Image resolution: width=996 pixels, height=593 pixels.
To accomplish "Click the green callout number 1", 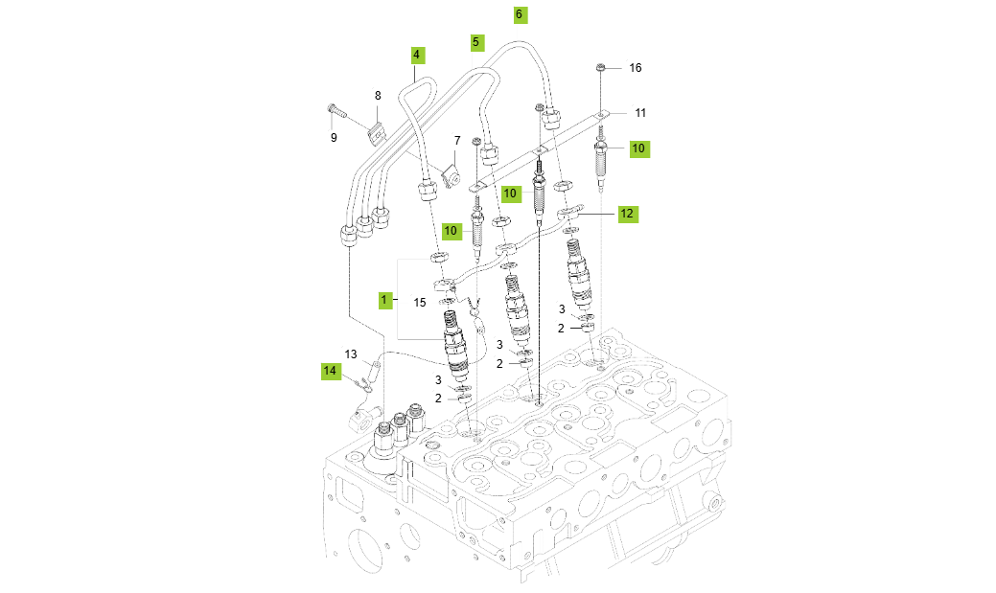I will point(383,300).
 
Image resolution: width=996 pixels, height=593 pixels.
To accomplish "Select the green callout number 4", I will point(417,55).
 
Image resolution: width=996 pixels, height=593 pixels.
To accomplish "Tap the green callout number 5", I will point(476,42).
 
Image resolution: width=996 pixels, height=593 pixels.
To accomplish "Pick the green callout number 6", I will point(519,14).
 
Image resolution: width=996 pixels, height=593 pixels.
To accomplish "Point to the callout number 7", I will point(457,141).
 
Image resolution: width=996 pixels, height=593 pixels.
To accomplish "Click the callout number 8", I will point(378,95).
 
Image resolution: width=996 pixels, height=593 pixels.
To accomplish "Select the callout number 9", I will point(334,137).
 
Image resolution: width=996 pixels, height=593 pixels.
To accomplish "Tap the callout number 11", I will point(640,112).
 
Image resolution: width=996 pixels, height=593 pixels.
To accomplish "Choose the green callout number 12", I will point(626,214).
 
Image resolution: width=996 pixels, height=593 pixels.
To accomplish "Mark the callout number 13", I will point(351,354).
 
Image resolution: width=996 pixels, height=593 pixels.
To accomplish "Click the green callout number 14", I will point(330,370).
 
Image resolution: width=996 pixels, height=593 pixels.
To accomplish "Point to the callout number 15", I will point(419,302).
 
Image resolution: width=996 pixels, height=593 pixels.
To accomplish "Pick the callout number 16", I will point(635,68).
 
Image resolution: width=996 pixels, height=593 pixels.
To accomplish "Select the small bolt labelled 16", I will point(600,68).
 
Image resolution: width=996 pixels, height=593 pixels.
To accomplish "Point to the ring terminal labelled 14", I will point(362,386).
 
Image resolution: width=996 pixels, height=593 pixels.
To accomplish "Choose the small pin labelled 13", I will point(375,365).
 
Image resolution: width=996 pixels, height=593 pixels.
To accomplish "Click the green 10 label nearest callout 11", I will point(638,148).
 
